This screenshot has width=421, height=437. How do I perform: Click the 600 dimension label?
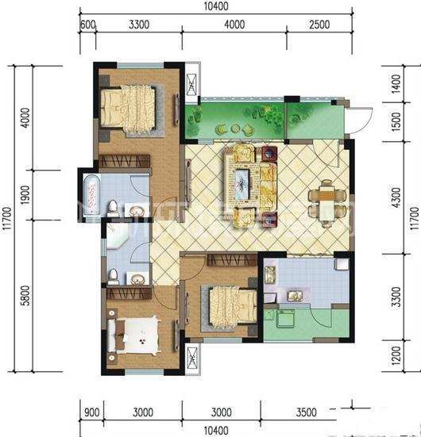(87, 25)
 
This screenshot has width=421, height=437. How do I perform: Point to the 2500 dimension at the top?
(319, 25)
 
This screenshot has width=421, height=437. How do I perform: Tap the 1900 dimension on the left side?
(25, 195)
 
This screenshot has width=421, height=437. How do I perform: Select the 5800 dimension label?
(25, 295)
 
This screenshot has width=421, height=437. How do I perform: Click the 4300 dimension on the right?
(396, 197)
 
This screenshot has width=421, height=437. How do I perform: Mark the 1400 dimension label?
(396, 84)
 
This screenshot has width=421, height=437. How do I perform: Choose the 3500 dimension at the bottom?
(307, 412)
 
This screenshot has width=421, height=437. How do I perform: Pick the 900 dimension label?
(91, 412)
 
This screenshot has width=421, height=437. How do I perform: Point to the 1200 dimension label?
(396, 355)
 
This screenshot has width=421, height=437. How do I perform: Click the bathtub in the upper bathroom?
(91, 194)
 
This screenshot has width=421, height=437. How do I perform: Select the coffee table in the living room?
(241, 184)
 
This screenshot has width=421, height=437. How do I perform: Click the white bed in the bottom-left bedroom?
(134, 335)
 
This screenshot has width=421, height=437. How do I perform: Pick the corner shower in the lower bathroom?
(117, 236)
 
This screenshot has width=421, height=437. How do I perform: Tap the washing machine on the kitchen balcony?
(285, 318)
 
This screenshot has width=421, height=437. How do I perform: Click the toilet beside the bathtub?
(113, 208)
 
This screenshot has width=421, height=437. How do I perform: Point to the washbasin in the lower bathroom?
(137, 278)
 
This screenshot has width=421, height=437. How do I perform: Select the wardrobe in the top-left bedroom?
(125, 161)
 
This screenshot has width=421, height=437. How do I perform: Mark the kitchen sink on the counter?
(294, 295)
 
